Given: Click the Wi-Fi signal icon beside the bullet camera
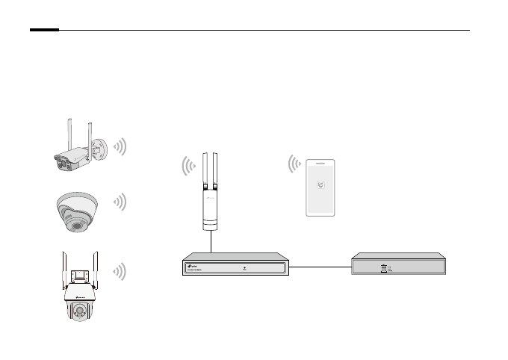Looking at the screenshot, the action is point(121,146).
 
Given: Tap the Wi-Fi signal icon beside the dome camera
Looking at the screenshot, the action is point(120,202).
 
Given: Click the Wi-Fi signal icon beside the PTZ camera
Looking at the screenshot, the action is point(120,271).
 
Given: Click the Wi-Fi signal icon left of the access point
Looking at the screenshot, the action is point(188,165).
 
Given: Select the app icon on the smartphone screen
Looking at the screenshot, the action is point(321,187).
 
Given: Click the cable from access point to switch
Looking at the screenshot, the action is point(211,242).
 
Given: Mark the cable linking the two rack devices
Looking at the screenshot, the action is point(320,266).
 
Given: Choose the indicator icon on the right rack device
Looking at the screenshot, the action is point(384,267).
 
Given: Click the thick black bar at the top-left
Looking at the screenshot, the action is point(44,31).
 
